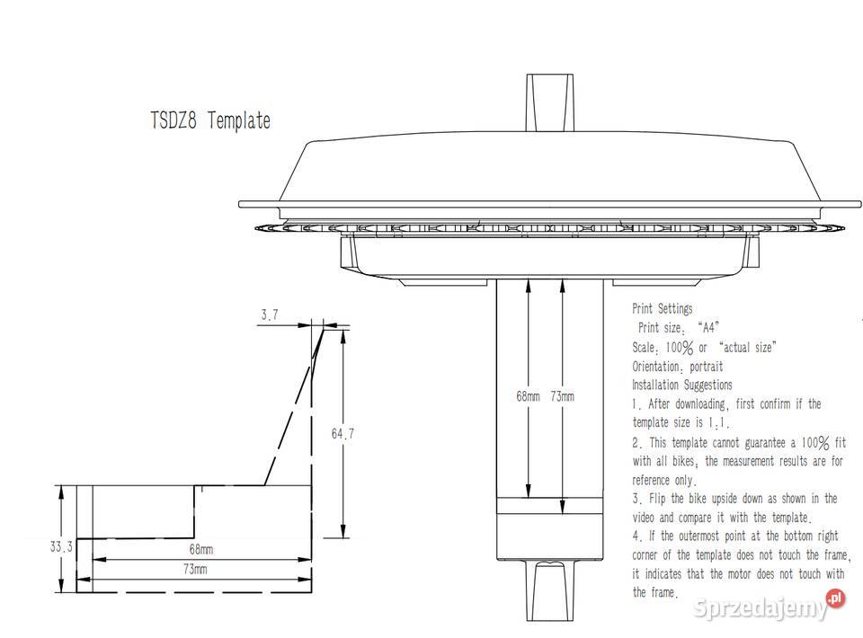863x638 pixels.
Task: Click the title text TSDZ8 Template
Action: (x=209, y=120)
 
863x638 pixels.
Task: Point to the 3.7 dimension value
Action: (x=269, y=315)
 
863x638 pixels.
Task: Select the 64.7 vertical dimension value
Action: (x=343, y=434)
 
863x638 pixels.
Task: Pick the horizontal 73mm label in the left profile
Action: (x=195, y=570)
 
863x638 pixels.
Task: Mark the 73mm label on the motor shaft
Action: (x=561, y=396)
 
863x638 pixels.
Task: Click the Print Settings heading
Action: (x=662, y=309)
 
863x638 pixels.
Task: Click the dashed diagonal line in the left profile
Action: (x=288, y=409)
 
